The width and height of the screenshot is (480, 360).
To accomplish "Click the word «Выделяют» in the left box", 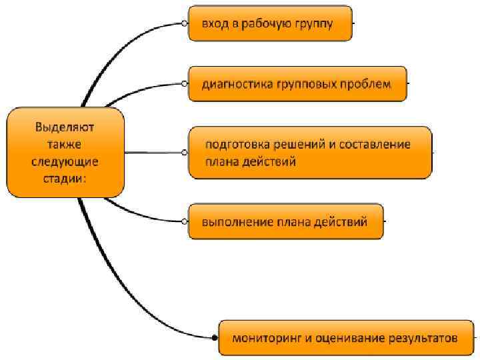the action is pyautogui.click(x=65, y=127).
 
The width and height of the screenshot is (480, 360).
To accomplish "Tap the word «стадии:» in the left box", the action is pyautogui.click(x=65, y=178).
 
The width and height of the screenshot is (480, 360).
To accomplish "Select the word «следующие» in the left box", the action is pyautogui.click(x=65, y=161).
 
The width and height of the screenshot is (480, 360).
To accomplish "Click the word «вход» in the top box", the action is pyautogui.click(x=215, y=23).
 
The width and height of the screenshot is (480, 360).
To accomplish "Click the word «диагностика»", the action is pyautogui.click(x=237, y=84).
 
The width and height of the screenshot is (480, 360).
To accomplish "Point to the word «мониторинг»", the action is pyautogui.click(x=265, y=338).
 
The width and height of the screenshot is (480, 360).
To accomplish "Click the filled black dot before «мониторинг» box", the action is pyautogui.click(x=214, y=338).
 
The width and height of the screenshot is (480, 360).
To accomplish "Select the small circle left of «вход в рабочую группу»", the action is pyautogui.click(x=184, y=23).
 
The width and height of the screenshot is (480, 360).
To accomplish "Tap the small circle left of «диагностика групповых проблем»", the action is pyautogui.click(x=184, y=84).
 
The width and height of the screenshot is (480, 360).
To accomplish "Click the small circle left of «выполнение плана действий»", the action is pyautogui.click(x=184, y=222).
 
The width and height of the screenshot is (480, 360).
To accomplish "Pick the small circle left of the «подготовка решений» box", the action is pyautogui.click(x=184, y=153).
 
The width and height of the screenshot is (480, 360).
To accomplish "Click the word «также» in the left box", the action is pyautogui.click(x=65, y=143).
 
